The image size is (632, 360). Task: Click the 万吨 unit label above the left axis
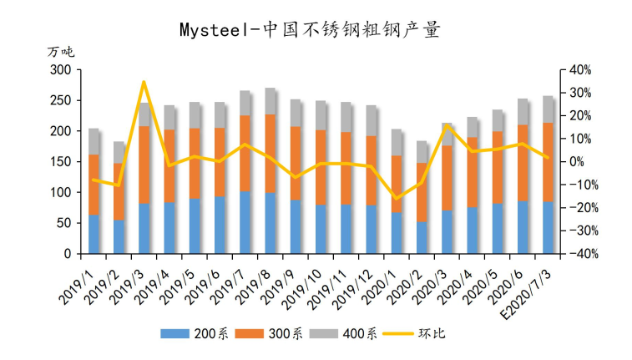pyautogui.click(x=61, y=52)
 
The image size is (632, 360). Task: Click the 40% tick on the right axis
pyautogui.click(x=580, y=70)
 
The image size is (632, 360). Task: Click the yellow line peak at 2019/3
pyautogui.click(x=144, y=82)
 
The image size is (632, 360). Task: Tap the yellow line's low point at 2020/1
pyautogui.click(x=397, y=199)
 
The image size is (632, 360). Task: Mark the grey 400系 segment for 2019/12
pyautogui.click(x=371, y=121)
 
